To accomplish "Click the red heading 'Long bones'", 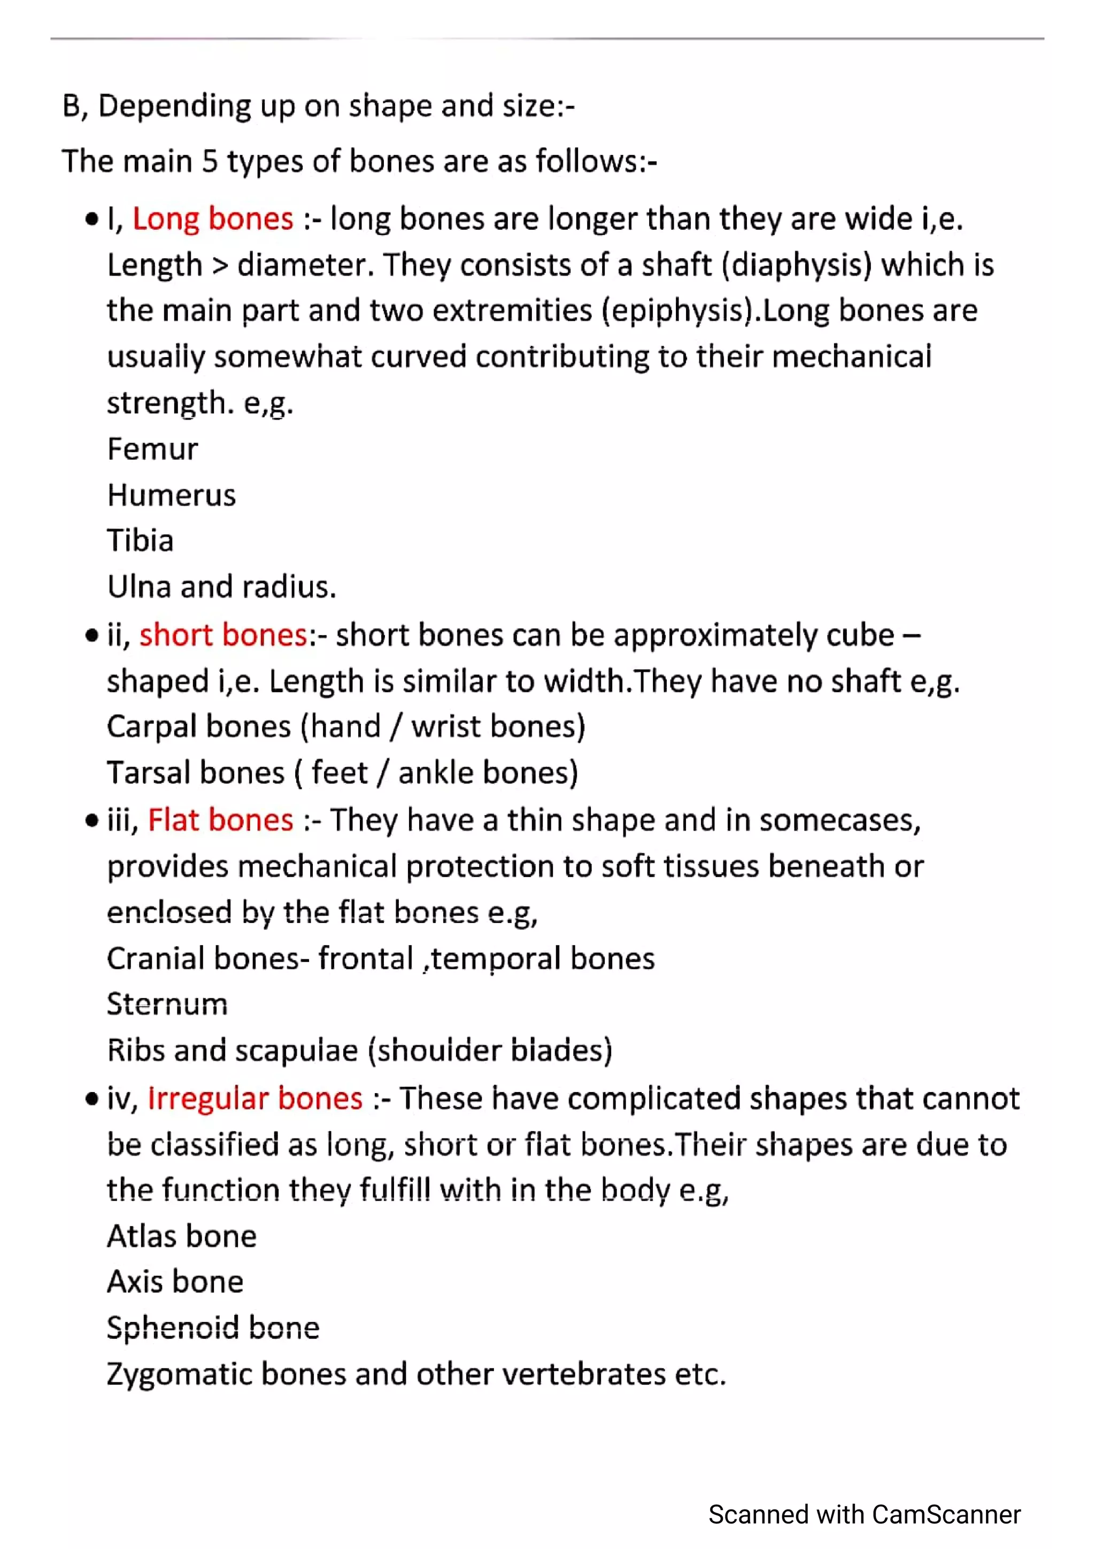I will (x=212, y=219).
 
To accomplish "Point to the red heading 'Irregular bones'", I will (x=255, y=1098).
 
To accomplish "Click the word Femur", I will (x=152, y=450).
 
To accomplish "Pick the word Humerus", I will (x=172, y=495).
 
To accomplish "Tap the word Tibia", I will (x=140, y=541).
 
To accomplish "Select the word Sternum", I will (x=167, y=1004).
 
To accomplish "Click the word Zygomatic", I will (x=179, y=1374).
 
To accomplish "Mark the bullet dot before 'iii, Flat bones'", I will (x=92, y=821).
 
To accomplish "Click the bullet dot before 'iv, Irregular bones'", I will (x=92, y=1099).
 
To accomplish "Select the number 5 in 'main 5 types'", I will (x=210, y=162).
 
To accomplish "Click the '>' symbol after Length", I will (x=220, y=266).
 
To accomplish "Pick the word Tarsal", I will (x=148, y=773).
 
